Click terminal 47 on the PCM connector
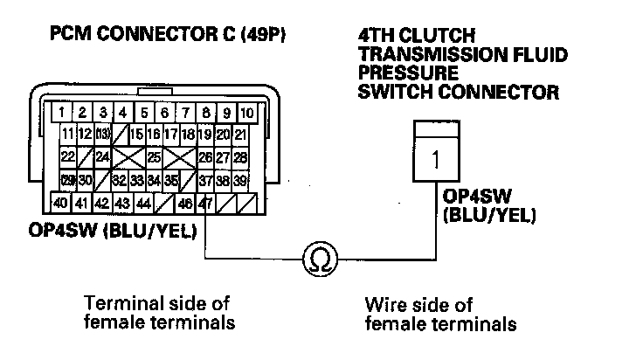(206, 203)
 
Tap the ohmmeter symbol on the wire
(317, 260)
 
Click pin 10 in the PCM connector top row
(247, 113)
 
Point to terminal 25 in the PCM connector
(154, 158)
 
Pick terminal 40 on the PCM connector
(61, 203)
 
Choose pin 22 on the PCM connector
(67, 158)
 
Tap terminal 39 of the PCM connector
(240, 181)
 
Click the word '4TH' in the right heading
(376, 37)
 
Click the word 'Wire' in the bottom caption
(384, 306)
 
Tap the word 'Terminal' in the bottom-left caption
(120, 303)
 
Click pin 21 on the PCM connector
(240, 135)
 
